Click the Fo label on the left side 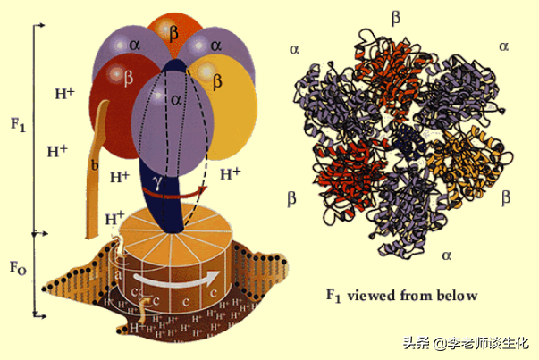point(17,268)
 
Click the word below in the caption point(455,296)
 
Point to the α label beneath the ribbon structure point(447,255)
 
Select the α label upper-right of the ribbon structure point(504,46)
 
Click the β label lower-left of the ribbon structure point(291,196)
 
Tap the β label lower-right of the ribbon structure point(506,195)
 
